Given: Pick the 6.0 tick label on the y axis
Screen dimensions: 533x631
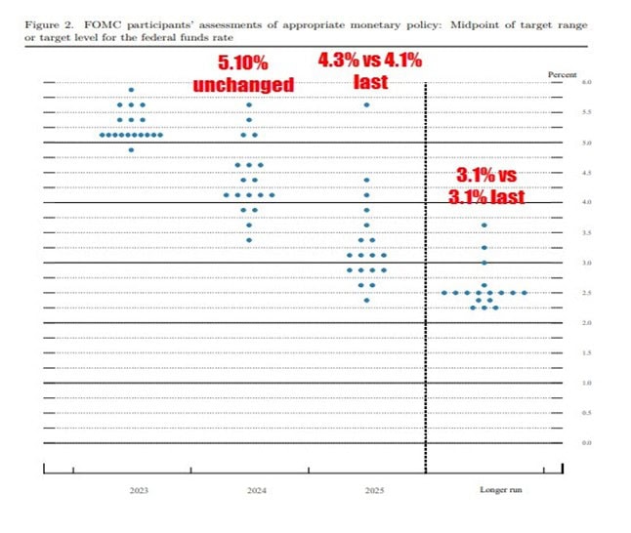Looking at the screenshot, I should pyautogui.click(x=560, y=83).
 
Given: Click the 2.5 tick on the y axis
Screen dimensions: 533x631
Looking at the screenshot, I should pyautogui.click(x=560, y=293).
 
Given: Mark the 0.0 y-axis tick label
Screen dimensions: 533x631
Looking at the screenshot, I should pyautogui.click(x=560, y=443).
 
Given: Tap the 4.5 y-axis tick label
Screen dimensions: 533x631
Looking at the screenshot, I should pyautogui.click(x=560, y=173).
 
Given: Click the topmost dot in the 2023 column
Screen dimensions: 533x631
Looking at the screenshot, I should pyautogui.click(x=131, y=90).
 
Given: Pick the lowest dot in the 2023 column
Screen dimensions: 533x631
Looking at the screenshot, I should pyautogui.click(x=131, y=149).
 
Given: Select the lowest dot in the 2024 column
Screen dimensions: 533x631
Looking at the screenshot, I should pyautogui.click(x=249, y=239).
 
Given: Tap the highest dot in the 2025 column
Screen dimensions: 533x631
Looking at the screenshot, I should pyautogui.click(x=366, y=104).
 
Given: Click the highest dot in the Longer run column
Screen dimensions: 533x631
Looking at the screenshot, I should pyautogui.click(x=484, y=225).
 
